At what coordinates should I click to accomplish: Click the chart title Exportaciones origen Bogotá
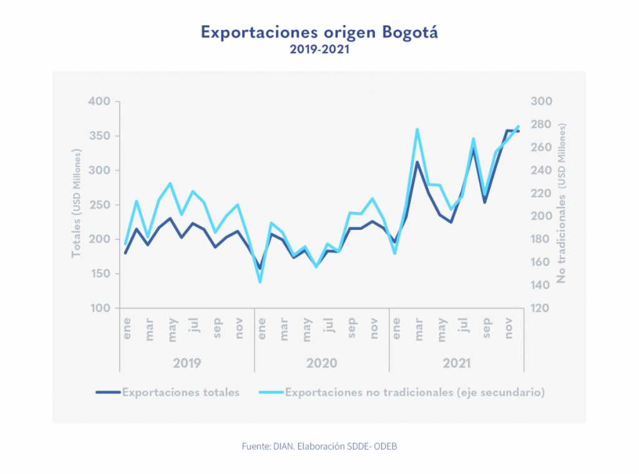click(319, 32)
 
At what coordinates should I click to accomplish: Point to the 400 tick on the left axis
click(100, 102)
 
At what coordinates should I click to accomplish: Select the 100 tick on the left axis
click(100, 309)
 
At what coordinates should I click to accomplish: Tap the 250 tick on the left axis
click(100, 205)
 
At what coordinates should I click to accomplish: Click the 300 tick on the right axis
click(541, 102)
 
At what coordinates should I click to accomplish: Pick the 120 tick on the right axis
click(541, 309)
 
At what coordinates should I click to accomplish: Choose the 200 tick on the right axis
click(541, 217)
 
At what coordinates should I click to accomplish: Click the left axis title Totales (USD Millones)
click(77, 204)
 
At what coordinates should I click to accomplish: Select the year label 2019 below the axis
click(187, 363)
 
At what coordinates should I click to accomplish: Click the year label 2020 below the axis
click(321, 363)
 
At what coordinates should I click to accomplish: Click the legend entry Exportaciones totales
click(180, 393)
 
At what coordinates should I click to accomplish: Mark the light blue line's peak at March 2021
click(417, 130)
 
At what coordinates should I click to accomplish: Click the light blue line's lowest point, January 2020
click(260, 282)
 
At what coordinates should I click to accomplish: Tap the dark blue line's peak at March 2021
click(417, 162)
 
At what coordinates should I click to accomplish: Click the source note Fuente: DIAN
click(319, 447)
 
